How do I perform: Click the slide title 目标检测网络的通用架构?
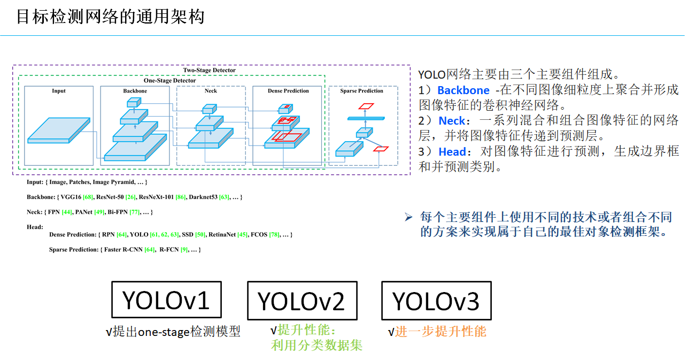[110, 17]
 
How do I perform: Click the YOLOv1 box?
[166, 300]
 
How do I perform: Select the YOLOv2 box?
[302, 301]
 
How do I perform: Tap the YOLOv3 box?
[436, 301]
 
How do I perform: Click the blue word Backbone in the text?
[463, 90]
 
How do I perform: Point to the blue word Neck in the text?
[452, 121]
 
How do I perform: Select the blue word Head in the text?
[452, 152]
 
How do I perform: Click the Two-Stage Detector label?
[209, 70]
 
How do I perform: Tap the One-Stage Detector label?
[169, 80]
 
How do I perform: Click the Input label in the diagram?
[59, 91]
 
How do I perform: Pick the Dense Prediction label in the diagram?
[288, 91]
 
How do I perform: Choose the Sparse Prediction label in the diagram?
[361, 91]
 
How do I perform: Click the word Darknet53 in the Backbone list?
[204, 197]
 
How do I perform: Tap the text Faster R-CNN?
[123, 250]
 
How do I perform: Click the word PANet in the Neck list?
[83, 212]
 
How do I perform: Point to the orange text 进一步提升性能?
[441, 332]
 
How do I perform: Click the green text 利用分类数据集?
[317, 346]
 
